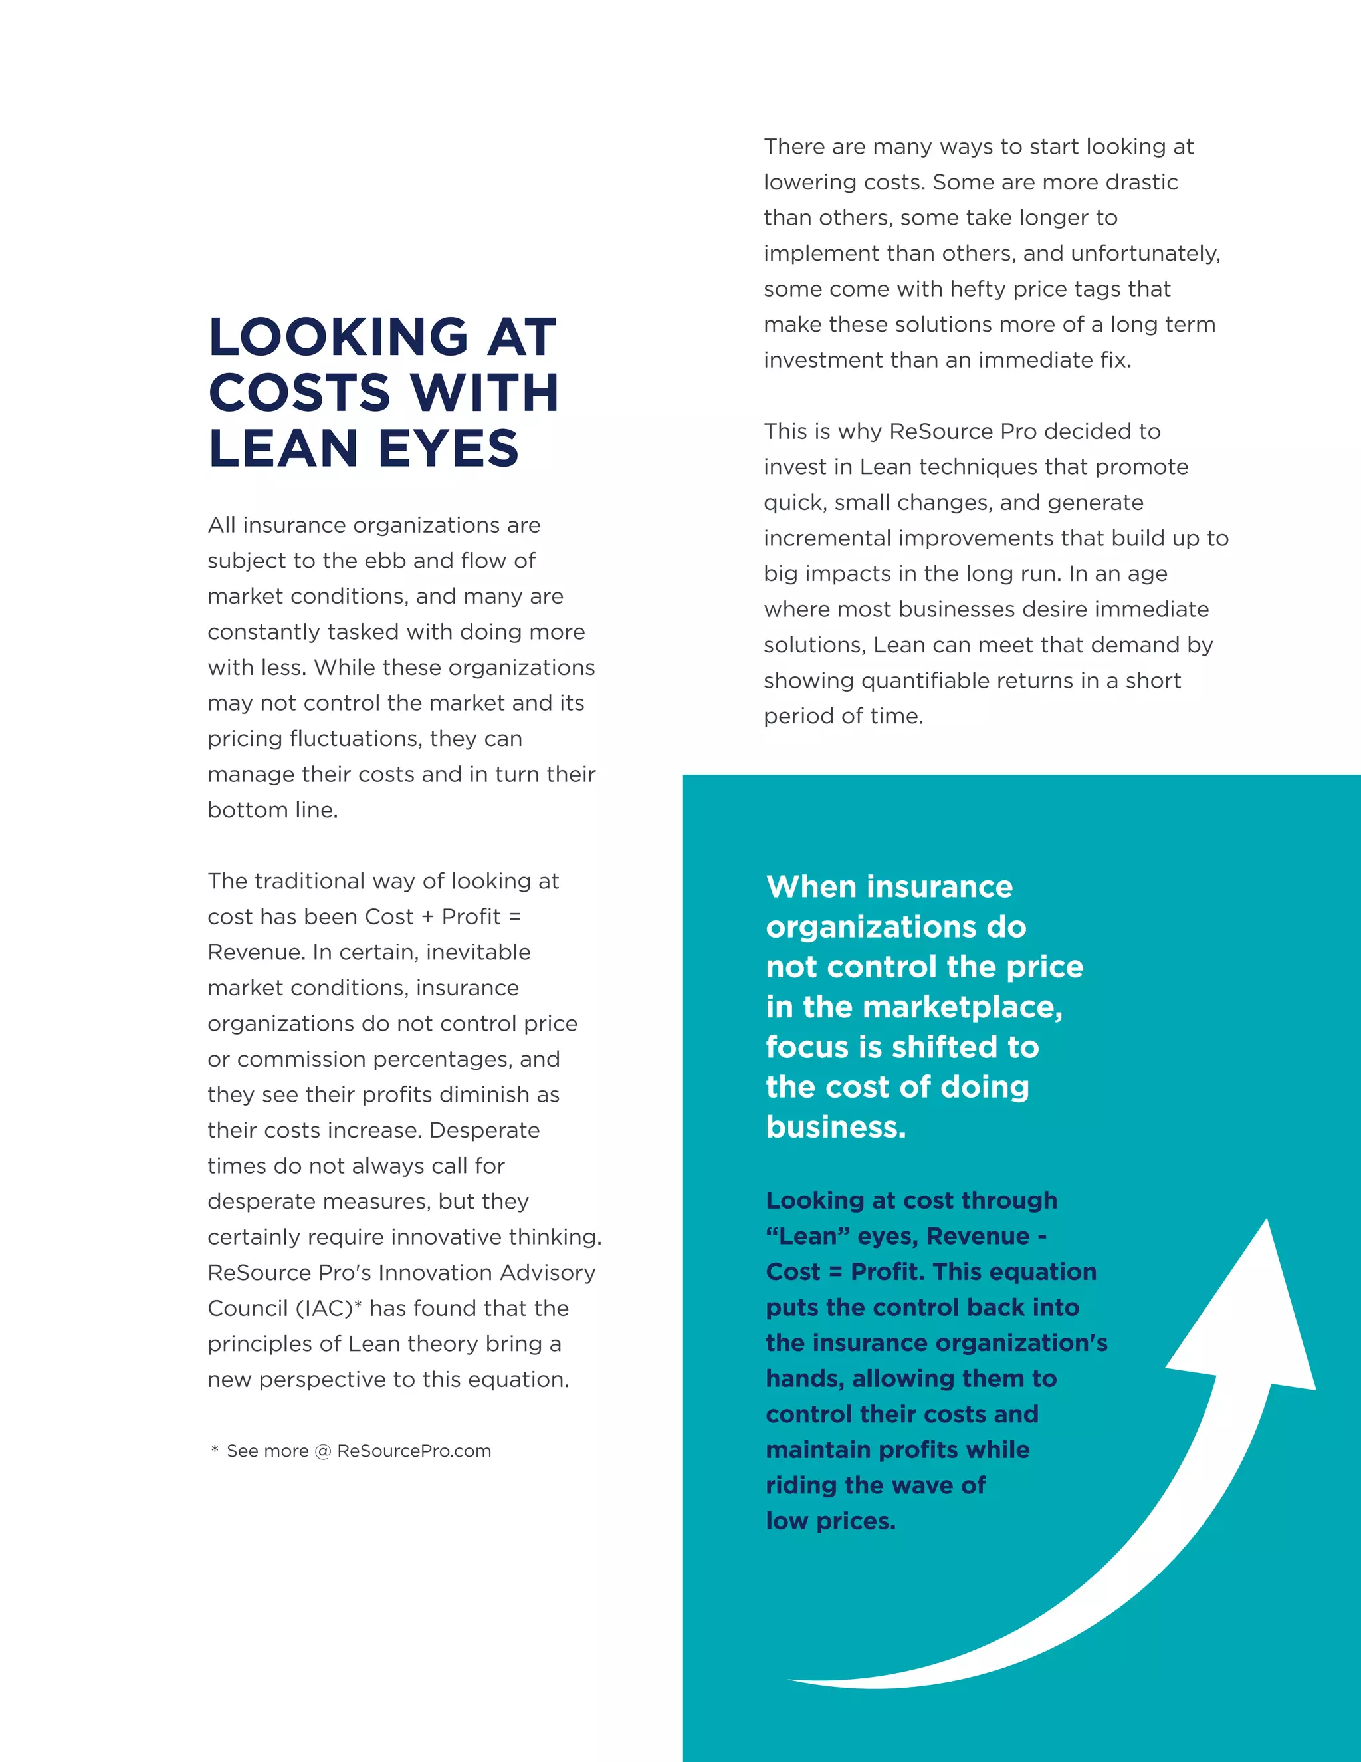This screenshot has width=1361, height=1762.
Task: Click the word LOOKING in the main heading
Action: click(x=338, y=336)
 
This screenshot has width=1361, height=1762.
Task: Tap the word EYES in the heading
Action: click(x=449, y=449)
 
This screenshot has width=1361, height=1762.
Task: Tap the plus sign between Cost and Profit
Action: click(x=427, y=918)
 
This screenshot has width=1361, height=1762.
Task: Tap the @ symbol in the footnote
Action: click(x=322, y=1451)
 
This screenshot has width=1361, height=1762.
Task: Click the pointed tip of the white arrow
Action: click(x=1267, y=1222)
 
